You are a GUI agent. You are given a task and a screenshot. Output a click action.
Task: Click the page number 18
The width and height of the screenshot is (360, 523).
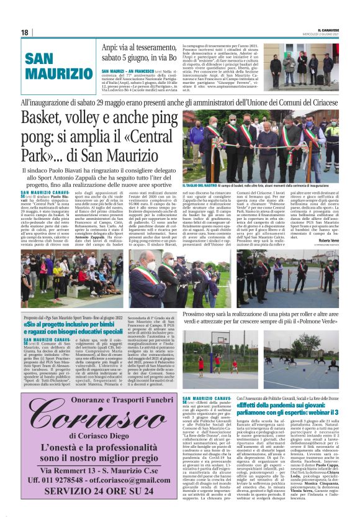point(24,32)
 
